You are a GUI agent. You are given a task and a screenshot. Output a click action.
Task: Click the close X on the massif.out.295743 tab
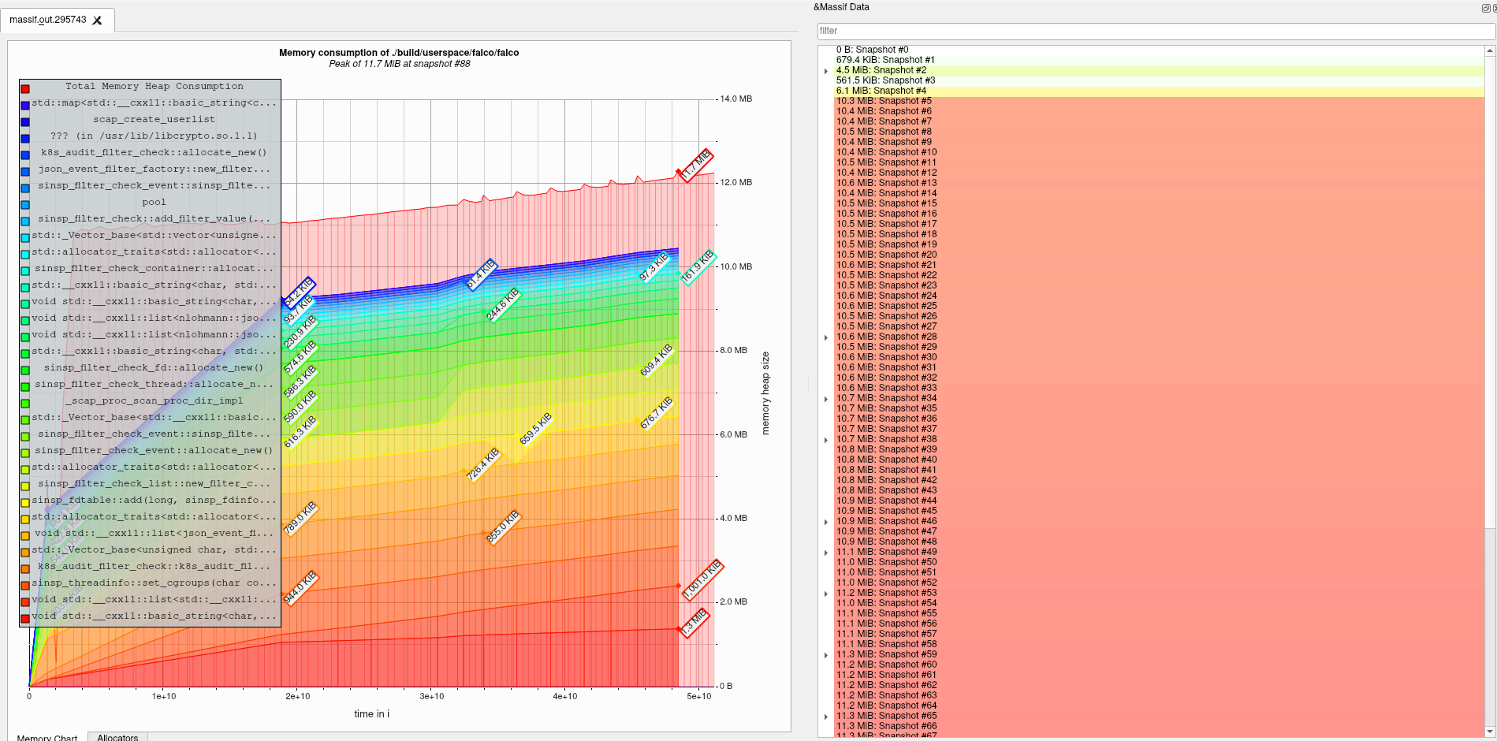98,20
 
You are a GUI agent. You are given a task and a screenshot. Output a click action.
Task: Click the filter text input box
1155,31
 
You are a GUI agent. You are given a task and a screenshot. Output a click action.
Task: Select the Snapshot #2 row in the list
881,70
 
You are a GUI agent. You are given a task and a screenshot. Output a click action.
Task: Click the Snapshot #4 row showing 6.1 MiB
881,91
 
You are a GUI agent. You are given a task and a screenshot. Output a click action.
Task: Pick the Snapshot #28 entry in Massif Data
886,337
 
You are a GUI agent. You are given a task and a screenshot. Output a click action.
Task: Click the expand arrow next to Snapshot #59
826,655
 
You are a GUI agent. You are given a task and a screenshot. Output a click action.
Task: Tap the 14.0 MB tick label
735,99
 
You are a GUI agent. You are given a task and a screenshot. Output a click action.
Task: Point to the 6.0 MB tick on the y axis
733,434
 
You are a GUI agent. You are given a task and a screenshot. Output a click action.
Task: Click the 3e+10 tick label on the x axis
431,696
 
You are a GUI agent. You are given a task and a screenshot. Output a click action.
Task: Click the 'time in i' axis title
371,714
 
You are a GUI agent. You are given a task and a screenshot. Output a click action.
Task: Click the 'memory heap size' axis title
765,393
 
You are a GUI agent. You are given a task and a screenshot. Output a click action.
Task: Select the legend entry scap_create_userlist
154,120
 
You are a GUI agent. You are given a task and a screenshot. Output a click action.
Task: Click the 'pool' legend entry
154,203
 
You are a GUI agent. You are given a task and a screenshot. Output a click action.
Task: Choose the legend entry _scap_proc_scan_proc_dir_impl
154,401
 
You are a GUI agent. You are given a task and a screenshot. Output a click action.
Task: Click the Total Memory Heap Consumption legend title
154,87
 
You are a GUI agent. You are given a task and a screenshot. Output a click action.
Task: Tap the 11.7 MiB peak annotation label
696,165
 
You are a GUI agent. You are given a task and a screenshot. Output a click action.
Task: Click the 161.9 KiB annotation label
697,266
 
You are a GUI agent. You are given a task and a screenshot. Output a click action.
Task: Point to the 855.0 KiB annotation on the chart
502,527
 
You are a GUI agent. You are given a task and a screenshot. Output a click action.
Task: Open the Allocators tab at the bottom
117,737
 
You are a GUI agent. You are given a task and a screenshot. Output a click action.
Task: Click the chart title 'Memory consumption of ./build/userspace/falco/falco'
399,53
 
